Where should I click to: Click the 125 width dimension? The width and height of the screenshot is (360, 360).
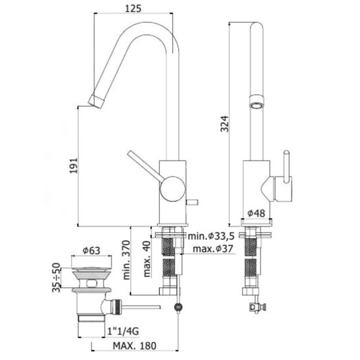pos(133,9)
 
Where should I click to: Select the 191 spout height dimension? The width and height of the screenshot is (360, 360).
pos(74,165)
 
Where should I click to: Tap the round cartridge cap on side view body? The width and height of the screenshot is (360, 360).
pos(171,189)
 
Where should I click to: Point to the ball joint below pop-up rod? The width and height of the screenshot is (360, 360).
pos(179,307)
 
